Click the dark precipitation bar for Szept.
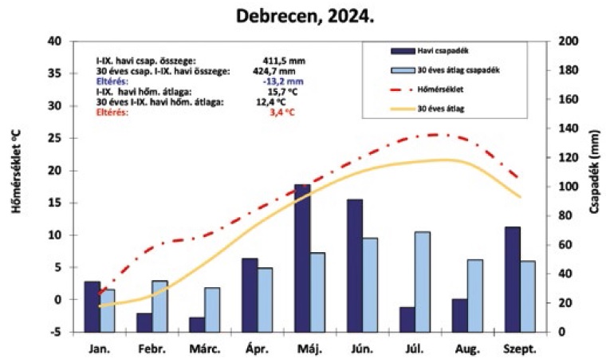click(512, 279)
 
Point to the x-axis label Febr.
click(151, 349)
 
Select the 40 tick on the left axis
click(54, 41)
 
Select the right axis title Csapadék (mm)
click(593, 186)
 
